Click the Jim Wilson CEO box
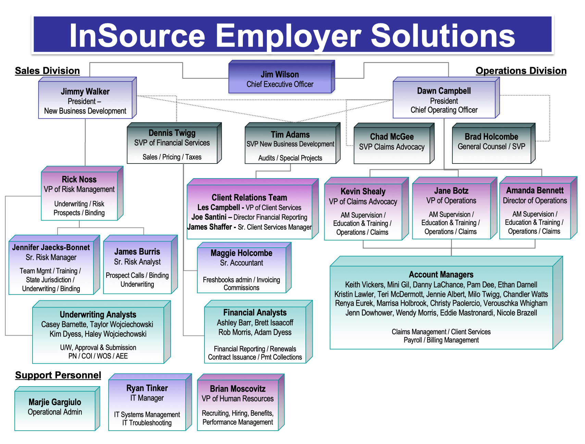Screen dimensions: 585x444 coord(282,77)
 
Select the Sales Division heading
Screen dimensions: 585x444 coord(47,71)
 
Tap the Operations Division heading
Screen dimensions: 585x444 coord(521,71)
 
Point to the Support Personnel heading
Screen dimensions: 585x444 coord(58,375)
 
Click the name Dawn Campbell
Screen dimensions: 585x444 coord(444,91)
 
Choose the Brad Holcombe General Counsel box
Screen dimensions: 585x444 coord(494,143)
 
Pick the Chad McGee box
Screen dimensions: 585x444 coord(394,143)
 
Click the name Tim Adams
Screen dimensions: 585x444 coord(290,135)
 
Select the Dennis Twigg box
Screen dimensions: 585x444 coord(174,143)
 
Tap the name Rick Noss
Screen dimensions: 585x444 coord(79,180)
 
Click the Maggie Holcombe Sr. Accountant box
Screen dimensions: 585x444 coord(244,267)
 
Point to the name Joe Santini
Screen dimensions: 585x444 coord(209,217)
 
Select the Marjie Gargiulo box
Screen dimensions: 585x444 coord(57,408)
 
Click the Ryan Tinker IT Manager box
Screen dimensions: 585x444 coord(150,402)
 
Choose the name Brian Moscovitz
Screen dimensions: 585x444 coord(238,389)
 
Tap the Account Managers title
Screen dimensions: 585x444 coord(441,275)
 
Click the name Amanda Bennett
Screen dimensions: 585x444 coord(535,191)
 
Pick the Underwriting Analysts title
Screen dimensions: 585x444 coord(98,315)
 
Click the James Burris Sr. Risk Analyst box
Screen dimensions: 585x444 coord(140,264)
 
